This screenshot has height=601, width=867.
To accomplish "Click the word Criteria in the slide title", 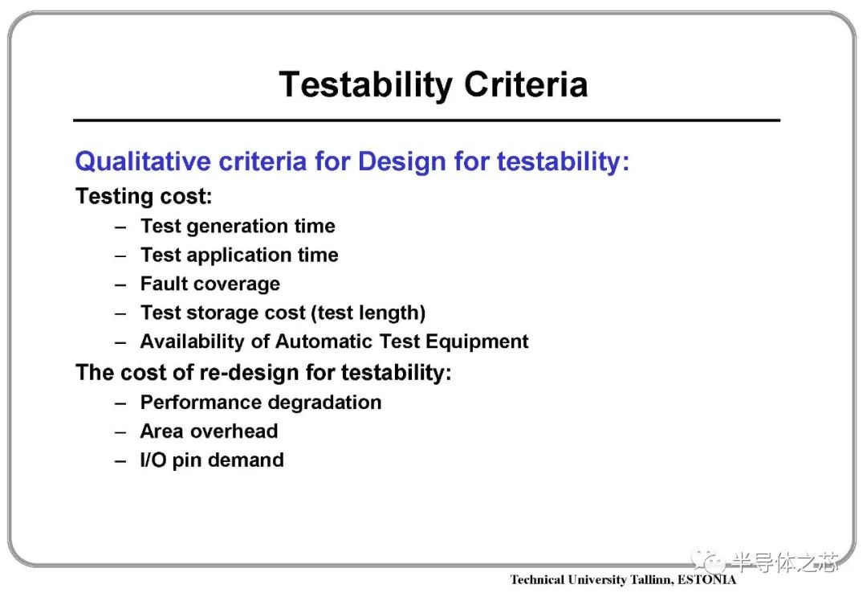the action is (x=526, y=84).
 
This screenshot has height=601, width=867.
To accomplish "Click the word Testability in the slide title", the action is (x=366, y=86).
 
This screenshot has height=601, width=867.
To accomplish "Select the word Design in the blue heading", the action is (x=401, y=161).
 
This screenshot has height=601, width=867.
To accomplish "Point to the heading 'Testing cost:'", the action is (x=144, y=197).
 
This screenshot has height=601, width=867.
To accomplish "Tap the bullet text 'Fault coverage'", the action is (x=210, y=284).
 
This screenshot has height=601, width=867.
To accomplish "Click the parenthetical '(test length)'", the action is (x=368, y=313).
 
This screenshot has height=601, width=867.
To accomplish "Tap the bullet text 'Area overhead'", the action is (x=209, y=431).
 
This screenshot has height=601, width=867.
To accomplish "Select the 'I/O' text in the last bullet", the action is (x=153, y=460).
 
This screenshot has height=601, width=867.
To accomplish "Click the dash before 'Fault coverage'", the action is (x=120, y=285).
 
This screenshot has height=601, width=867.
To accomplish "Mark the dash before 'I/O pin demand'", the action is (x=120, y=461).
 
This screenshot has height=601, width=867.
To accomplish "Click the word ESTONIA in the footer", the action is (x=706, y=579).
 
